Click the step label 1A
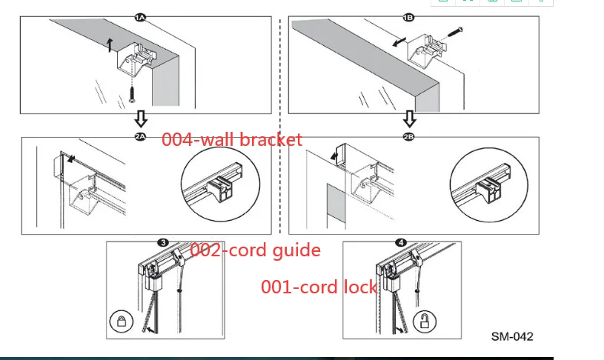tap(141, 16)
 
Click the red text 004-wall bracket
tap(232, 139)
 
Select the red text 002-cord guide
tap(255, 250)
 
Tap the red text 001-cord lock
tap(319, 287)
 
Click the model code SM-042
tap(511, 336)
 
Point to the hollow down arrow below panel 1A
tap(141, 118)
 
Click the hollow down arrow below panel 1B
tap(409, 118)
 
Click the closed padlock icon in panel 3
tap(120, 321)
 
